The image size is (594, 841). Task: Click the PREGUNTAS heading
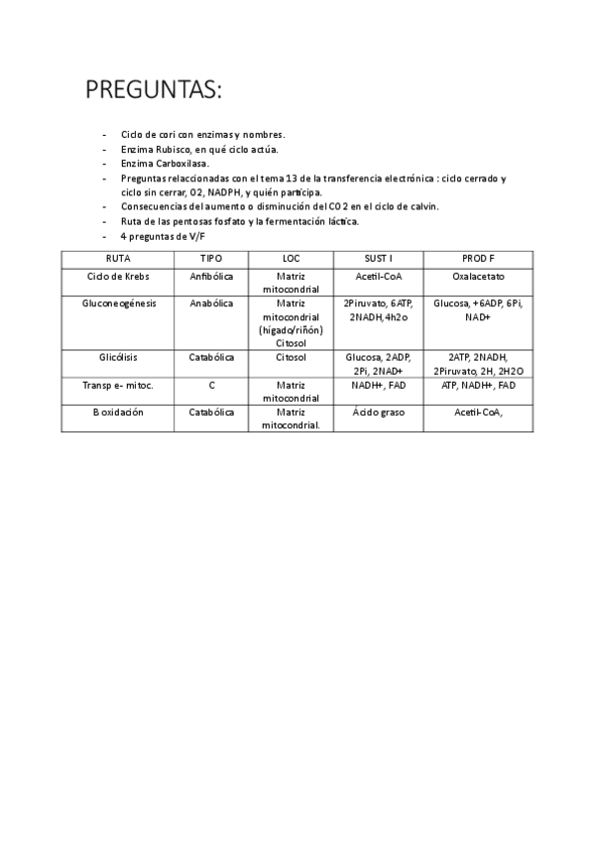pos(155,91)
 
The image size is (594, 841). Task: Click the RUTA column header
pos(118,258)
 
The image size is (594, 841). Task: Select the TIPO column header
pos(211,258)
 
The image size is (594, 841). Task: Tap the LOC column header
pos(291,258)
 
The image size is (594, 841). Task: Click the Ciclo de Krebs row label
pos(118,276)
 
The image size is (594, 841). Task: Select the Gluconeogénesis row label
pos(118,302)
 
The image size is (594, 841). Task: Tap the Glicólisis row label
pos(118,356)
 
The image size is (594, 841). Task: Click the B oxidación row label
pos(118,412)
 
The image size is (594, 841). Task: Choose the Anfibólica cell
pos(211,276)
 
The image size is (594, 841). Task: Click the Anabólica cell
pos(211,302)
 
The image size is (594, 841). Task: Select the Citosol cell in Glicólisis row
pos(291,356)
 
